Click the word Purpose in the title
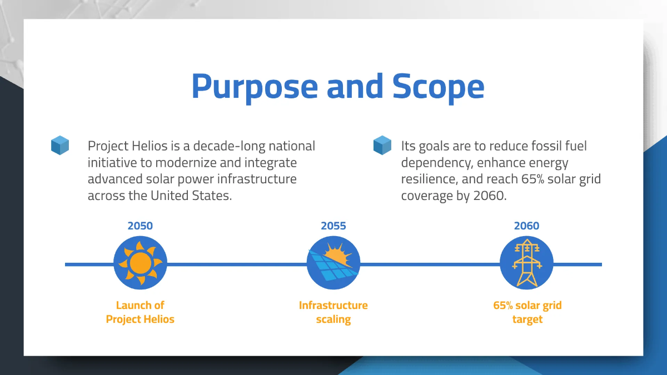tap(255, 87)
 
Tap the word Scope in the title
tap(439, 87)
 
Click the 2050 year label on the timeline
tap(140, 226)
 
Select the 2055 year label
tap(333, 226)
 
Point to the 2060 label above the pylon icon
tap(526, 226)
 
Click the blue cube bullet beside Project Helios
tap(60, 145)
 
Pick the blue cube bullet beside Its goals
tap(382, 145)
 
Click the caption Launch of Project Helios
tap(140, 312)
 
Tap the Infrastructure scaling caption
tap(333, 312)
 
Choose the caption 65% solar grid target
tap(527, 312)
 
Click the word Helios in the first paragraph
tap(150, 146)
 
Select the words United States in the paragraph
tap(191, 196)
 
